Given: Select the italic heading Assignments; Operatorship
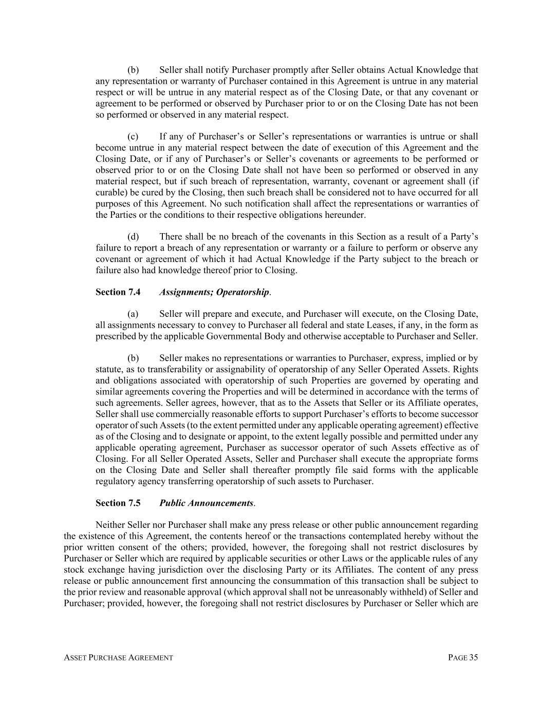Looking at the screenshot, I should point(214,292).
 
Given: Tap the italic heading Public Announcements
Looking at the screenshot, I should point(207,503).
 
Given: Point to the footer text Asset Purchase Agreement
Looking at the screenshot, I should point(118,658).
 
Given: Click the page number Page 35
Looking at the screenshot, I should point(463,658).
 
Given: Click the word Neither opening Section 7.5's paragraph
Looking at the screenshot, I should point(110,525).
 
